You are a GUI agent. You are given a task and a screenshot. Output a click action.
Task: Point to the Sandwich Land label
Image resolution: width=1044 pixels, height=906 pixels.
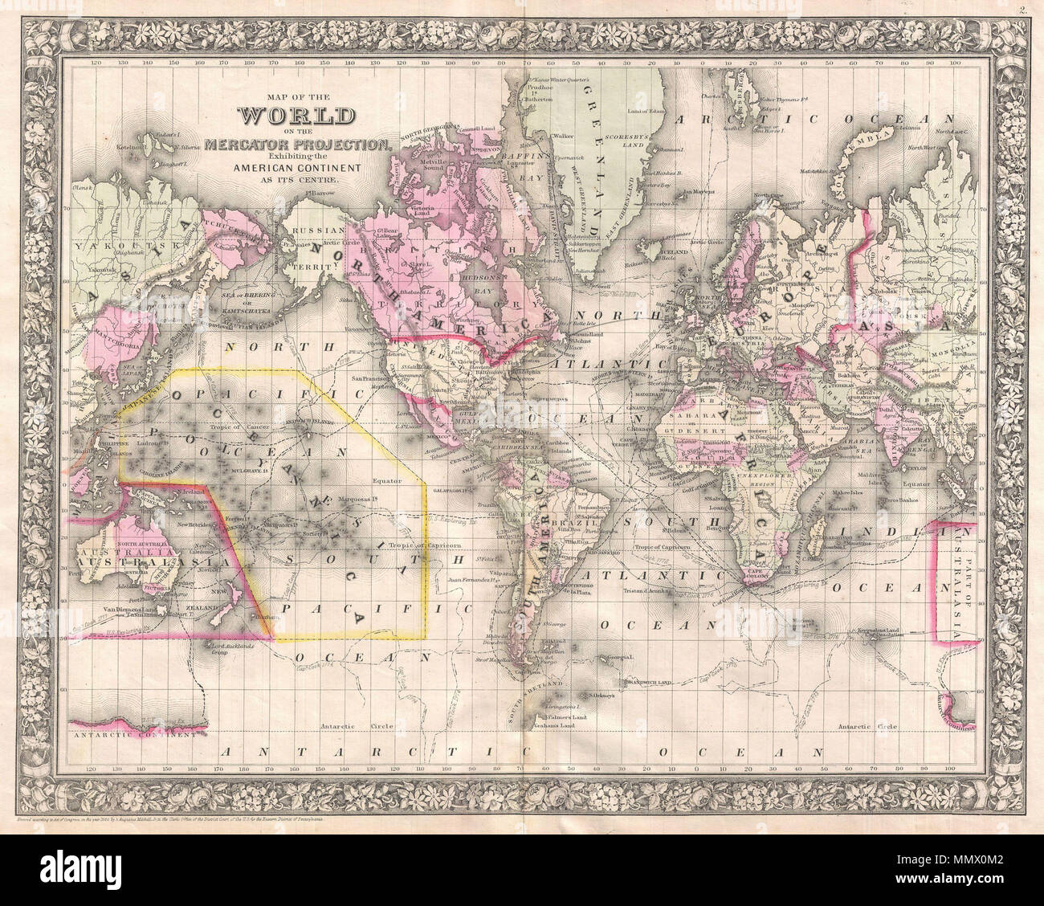[x=652, y=681]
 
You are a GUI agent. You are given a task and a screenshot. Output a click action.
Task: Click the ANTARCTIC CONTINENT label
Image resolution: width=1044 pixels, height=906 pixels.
[x=133, y=734]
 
